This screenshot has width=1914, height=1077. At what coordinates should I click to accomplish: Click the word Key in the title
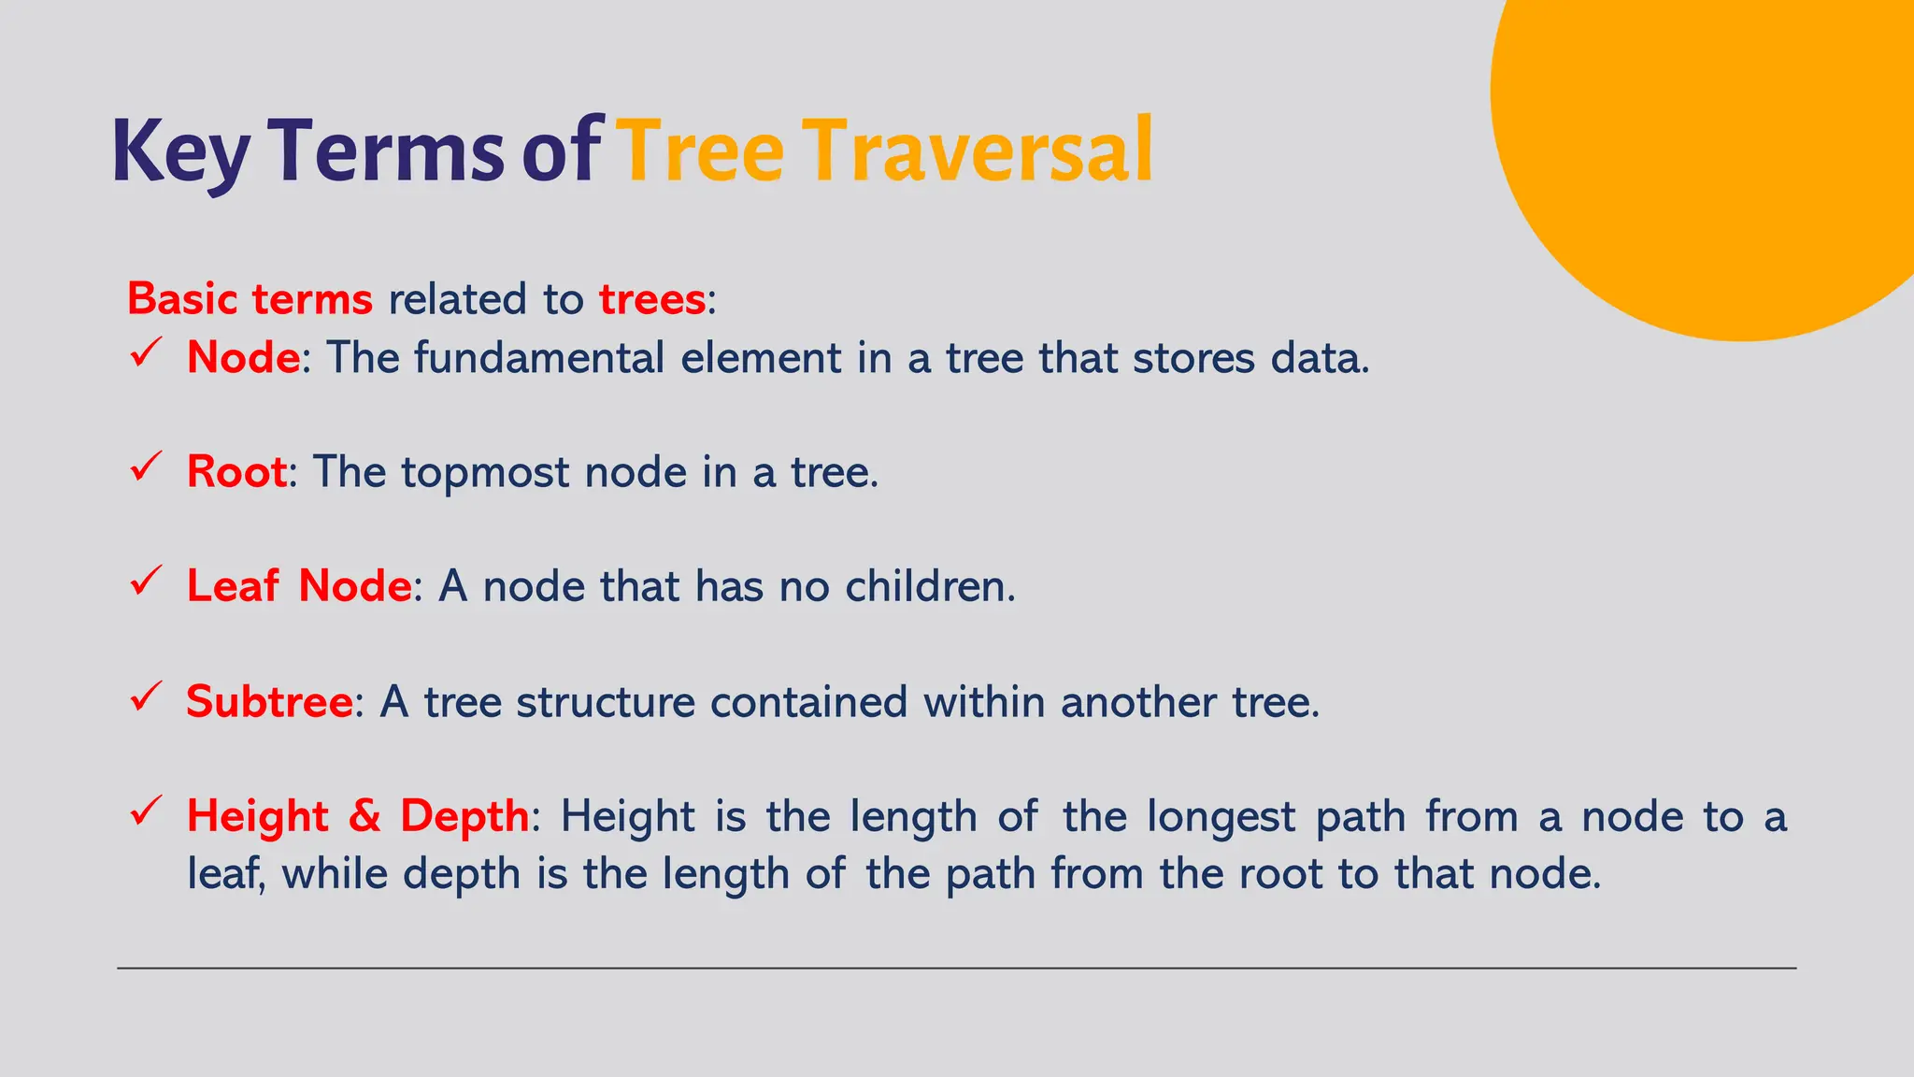point(180,151)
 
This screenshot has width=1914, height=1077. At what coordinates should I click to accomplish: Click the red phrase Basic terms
point(250,299)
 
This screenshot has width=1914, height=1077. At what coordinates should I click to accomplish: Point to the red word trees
point(651,299)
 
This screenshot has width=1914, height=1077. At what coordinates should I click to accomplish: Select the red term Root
point(236,471)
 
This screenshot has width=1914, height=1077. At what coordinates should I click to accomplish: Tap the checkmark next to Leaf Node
point(147,582)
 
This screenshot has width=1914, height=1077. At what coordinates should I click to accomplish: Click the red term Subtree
point(269,701)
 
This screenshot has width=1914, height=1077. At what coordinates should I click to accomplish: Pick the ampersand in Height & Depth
point(364,816)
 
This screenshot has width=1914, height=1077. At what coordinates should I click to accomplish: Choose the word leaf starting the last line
point(225,874)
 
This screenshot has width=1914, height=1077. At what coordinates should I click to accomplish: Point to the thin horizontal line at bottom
point(956,969)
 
